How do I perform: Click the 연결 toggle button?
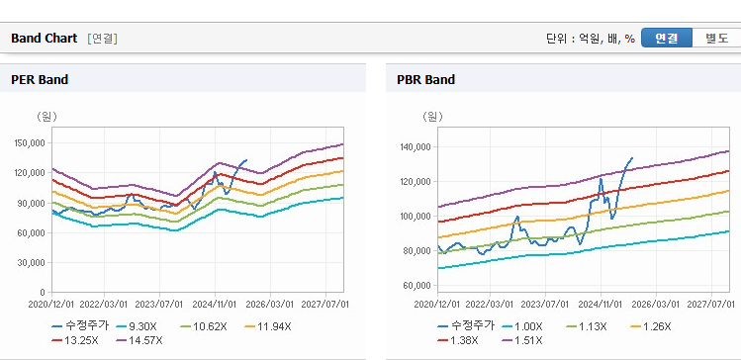coord(667,39)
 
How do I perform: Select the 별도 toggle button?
coord(716,39)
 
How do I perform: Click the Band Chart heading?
coord(44,39)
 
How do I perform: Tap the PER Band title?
coord(40,80)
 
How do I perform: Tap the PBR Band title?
coord(425,80)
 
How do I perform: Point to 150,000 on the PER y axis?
coord(32,143)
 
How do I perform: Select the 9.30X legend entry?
coord(137,326)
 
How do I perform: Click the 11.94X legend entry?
coord(268,326)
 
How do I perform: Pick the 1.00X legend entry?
coord(522,326)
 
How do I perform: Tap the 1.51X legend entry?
coord(522,340)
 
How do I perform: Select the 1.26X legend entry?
coord(651,326)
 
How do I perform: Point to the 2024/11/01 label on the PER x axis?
coord(215,304)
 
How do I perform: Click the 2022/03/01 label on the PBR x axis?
coord(490,304)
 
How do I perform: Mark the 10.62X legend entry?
coord(204,326)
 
